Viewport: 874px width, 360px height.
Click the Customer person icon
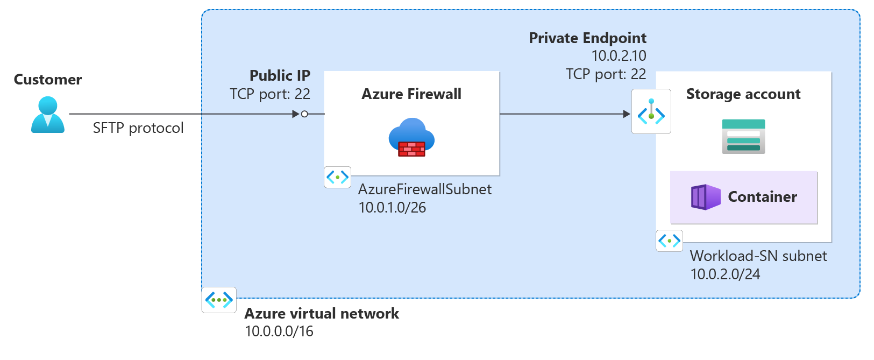(48, 115)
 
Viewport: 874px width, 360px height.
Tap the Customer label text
(48, 80)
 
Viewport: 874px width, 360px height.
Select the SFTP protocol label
(138, 128)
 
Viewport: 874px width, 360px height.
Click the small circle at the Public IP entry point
(304, 114)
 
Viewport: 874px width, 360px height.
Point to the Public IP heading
(280, 75)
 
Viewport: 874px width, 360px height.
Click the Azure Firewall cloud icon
(411, 137)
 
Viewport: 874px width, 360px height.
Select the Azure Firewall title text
(411, 94)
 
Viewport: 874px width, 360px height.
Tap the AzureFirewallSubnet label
(425, 189)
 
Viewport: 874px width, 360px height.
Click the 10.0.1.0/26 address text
(392, 208)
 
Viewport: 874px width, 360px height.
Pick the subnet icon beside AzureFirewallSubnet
(338, 177)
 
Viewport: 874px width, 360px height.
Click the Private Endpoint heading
(587, 38)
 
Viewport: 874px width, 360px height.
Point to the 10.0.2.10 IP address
(619, 56)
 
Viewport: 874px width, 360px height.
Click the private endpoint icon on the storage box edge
(651, 111)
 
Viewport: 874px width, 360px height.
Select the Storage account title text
(743, 94)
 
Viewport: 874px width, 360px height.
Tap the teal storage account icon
(743, 137)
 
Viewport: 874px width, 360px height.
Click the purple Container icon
(706, 197)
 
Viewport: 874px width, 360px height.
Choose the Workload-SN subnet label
(758, 256)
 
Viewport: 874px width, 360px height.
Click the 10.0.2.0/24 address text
(725, 274)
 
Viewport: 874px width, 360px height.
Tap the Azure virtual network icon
(219, 300)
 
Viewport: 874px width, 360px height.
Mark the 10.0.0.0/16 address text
(279, 331)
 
